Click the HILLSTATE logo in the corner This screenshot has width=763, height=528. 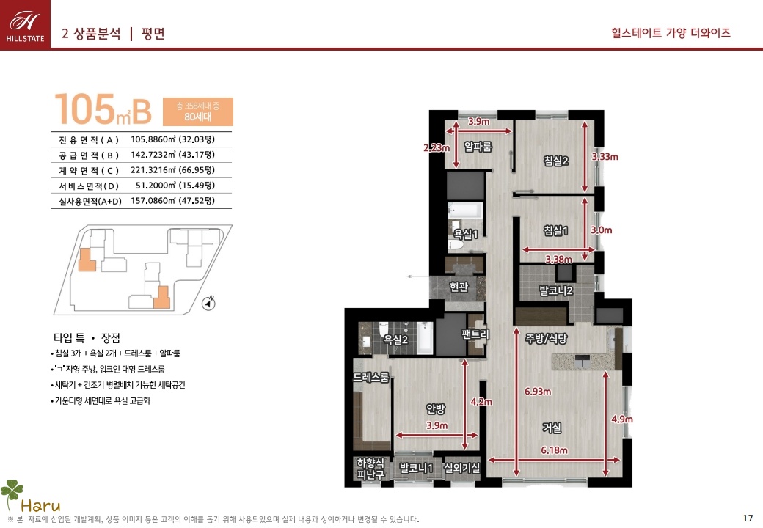[25, 24]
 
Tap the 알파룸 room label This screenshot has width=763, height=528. [478, 147]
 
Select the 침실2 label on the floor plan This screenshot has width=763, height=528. [555, 161]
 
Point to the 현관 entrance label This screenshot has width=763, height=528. [459, 287]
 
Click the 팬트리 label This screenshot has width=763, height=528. [475, 334]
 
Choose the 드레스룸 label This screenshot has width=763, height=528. [371, 377]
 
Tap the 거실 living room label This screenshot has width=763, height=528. [552, 428]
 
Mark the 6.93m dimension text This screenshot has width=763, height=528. [538, 392]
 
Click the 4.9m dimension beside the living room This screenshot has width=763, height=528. [622, 419]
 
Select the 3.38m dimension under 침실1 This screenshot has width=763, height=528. [558, 259]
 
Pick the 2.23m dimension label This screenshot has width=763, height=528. [437, 147]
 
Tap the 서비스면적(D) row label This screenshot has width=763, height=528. [89, 186]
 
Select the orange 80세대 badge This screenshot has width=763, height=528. [197, 111]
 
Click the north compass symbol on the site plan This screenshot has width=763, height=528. [209, 303]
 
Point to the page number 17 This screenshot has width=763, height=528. [748, 518]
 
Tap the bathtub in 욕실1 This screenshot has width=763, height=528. [465, 210]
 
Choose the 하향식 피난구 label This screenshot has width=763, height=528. [370, 469]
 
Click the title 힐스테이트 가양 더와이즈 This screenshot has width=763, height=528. [671, 33]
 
